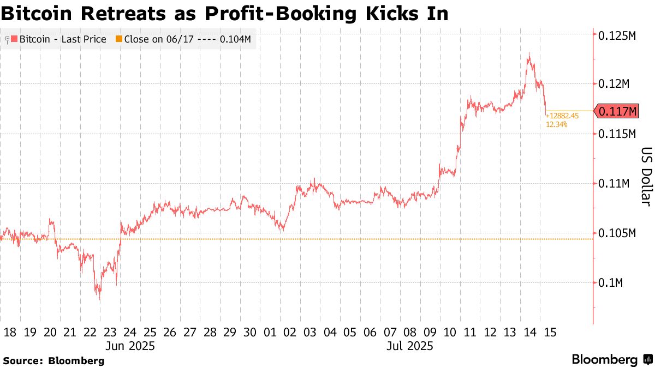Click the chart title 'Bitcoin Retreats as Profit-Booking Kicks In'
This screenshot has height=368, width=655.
point(224,13)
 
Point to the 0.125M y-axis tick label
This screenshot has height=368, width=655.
point(617,35)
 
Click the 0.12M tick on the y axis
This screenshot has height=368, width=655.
point(615,84)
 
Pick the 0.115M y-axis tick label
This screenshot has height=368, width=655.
point(617,134)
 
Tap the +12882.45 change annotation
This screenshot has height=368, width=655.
point(562,116)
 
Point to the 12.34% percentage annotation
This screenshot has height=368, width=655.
point(557,124)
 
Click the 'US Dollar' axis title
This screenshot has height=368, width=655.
point(645,177)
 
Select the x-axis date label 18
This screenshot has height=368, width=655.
point(10,333)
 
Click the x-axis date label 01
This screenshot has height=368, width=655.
point(270,333)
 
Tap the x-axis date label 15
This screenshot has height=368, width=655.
point(550,333)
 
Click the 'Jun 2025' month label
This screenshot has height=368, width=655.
point(130,346)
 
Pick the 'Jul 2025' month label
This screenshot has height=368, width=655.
point(409,346)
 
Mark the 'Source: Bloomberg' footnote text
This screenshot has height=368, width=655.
point(53,360)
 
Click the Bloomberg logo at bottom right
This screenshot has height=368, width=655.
point(611,359)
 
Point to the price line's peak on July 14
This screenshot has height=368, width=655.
point(528,53)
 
